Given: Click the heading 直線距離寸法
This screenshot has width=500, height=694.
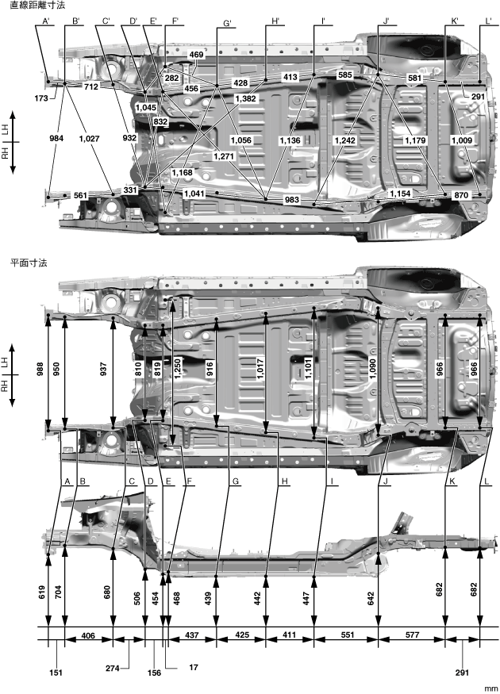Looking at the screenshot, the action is (37, 6).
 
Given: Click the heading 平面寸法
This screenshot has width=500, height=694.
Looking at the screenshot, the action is (29, 263).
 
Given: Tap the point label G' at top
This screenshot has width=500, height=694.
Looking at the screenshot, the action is (227, 23).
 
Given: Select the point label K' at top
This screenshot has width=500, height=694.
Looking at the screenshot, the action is (455, 21).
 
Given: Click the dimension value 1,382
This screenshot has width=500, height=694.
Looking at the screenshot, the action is (245, 98).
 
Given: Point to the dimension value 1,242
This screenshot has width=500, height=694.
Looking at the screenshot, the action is (345, 140).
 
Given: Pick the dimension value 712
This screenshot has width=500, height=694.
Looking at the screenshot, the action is (91, 86).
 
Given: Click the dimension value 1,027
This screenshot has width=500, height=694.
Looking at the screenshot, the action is (90, 139).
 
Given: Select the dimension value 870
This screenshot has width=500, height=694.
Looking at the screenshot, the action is (461, 195).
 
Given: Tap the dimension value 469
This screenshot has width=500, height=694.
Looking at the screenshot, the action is (196, 55).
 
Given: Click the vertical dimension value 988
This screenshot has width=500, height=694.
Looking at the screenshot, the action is (40, 369).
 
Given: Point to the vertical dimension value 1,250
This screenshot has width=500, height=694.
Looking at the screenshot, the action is (178, 369).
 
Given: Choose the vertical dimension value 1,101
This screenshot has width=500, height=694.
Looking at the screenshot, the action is (308, 369).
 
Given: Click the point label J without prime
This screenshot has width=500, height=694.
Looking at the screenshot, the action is (386, 481).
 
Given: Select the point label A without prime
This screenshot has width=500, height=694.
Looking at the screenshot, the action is (67, 481).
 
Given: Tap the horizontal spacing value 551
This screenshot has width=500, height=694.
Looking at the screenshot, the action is (348, 635).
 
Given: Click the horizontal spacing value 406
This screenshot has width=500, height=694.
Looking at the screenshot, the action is (89, 635).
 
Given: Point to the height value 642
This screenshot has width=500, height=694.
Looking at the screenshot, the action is (371, 598).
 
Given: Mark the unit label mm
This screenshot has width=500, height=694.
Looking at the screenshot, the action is (490, 688).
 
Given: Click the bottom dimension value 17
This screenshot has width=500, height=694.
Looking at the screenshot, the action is (194, 667).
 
